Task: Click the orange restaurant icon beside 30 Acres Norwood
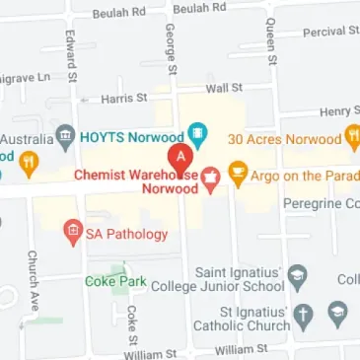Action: [x=353, y=138]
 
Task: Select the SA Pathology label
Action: [x=126, y=235]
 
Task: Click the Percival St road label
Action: [x=324, y=32]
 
